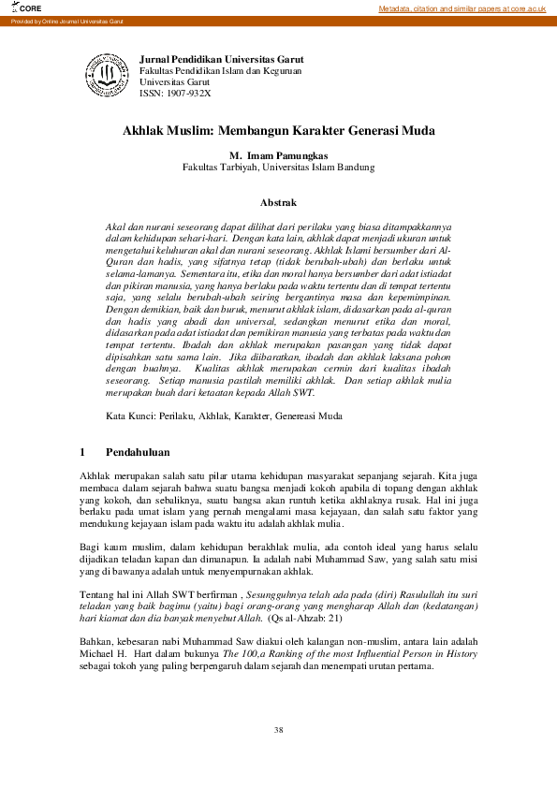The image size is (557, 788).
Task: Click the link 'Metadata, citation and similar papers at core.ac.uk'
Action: pos(462,8)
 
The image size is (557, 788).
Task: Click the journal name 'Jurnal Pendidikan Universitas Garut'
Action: pos(221,59)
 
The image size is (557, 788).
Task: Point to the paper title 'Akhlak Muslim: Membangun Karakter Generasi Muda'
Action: pos(279,133)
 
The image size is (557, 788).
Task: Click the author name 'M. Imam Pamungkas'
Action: pos(279,155)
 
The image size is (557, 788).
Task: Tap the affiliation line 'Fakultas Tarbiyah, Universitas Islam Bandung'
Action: pos(279,168)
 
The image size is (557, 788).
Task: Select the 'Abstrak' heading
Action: pos(278,202)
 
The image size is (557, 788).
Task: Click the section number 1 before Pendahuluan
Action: pos(83,453)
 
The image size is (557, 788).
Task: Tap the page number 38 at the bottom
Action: pos(278,729)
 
